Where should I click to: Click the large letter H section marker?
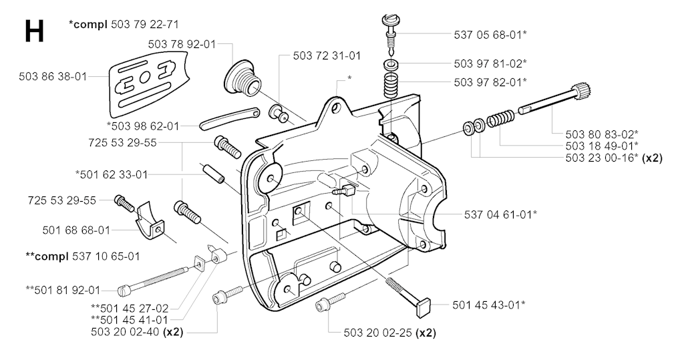tap(34, 31)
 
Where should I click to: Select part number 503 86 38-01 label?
tap(53, 77)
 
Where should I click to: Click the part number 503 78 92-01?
tap(182, 44)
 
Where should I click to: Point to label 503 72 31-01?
tap(327, 55)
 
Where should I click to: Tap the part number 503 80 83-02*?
tap(602, 134)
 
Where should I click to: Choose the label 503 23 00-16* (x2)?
tap(613, 158)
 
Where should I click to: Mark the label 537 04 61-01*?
tap(501, 214)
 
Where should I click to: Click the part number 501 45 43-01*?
tap(488, 305)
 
